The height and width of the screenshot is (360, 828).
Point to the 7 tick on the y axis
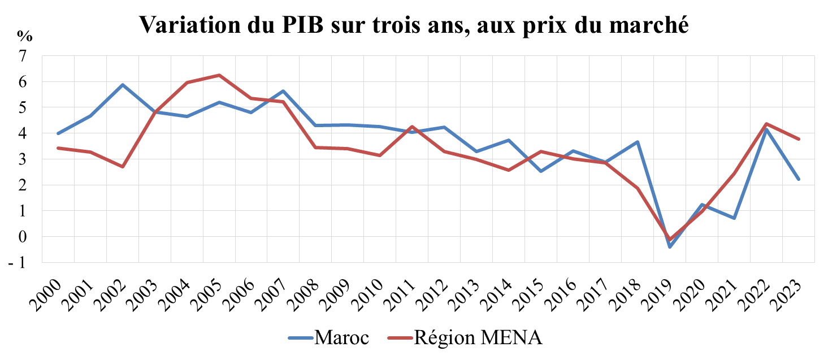[23, 56]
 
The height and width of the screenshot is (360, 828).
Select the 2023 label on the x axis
[787, 286]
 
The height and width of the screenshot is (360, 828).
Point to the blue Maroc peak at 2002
[122, 85]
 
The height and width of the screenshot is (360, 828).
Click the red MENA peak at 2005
[219, 75]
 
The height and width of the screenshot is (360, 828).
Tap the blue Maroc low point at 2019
[670, 247]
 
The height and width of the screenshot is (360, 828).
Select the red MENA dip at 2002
[122, 167]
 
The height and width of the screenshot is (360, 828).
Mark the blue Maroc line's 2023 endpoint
[799, 179]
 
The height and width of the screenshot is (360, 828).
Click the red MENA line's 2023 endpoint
[799, 139]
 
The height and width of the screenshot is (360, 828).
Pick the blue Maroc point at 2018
[638, 142]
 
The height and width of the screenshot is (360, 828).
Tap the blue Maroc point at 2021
[734, 218]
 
